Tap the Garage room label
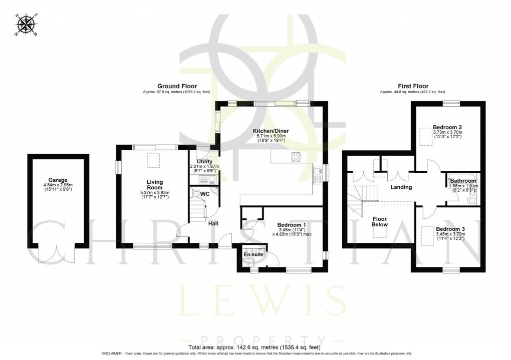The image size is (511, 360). (58, 180)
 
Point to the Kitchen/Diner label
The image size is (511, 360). (271, 131)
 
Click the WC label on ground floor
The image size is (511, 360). (204, 193)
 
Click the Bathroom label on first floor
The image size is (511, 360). (462, 180)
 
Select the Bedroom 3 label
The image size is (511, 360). (449, 229)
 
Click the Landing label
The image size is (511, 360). (401, 187)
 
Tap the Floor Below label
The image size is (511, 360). (380, 222)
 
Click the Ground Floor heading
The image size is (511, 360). (177, 86)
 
